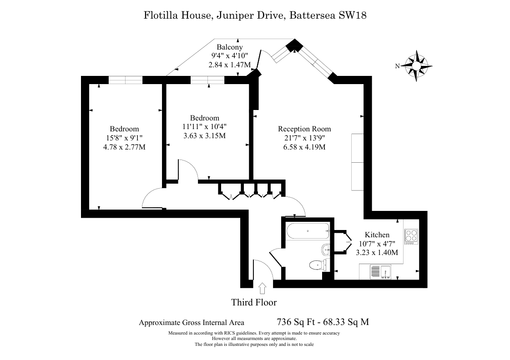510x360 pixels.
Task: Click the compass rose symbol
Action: click(416, 66)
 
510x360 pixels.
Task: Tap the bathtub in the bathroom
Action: click(308, 231)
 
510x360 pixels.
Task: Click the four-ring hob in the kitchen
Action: click(411, 236)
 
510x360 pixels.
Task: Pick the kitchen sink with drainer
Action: click(380, 272)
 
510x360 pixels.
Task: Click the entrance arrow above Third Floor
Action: click(262, 289)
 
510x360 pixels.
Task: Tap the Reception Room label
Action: click(304, 129)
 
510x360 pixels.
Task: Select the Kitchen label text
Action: click(377, 235)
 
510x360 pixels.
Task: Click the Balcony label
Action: click(230, 47)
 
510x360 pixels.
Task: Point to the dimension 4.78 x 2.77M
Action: click(124, 147)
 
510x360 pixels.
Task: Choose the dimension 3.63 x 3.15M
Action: click(205, 136)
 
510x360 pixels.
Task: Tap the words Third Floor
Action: click(254, 302)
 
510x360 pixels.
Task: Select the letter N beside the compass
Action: click(397, 66)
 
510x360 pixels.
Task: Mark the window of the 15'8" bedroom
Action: click(126, 80)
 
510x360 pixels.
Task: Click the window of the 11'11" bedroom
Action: click(207, 80)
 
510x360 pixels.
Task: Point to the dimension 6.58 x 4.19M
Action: click(304, 147)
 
